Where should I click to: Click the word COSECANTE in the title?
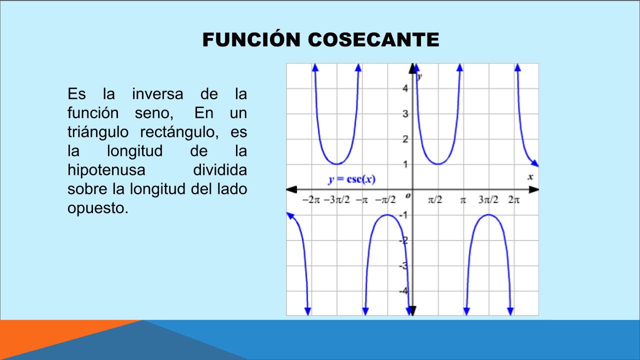(x=373, y=39)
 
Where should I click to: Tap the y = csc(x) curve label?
(x=351, y=179)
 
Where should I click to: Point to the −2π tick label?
(x=311, y=199)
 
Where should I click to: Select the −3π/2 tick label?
(x=336, y=199)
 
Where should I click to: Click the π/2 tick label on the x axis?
(x=435, y=199)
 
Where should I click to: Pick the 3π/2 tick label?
(x=488, y=199)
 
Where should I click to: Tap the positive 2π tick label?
(x=514, y=199)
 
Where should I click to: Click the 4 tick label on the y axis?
(x=405, y=88)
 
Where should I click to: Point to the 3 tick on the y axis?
(x=405, y=114)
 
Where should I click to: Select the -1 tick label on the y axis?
(x=403, y=215)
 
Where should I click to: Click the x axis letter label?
(x=530, y=177)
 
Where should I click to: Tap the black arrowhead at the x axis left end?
(x=291, y=189)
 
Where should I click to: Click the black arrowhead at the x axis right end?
(x=533, y=189)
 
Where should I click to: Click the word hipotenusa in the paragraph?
(x=106, y=170)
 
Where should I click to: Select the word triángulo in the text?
(x=98, y=132)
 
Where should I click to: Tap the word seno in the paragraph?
(x=154, y=113)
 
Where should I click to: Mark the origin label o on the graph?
(x=408, y=195)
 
